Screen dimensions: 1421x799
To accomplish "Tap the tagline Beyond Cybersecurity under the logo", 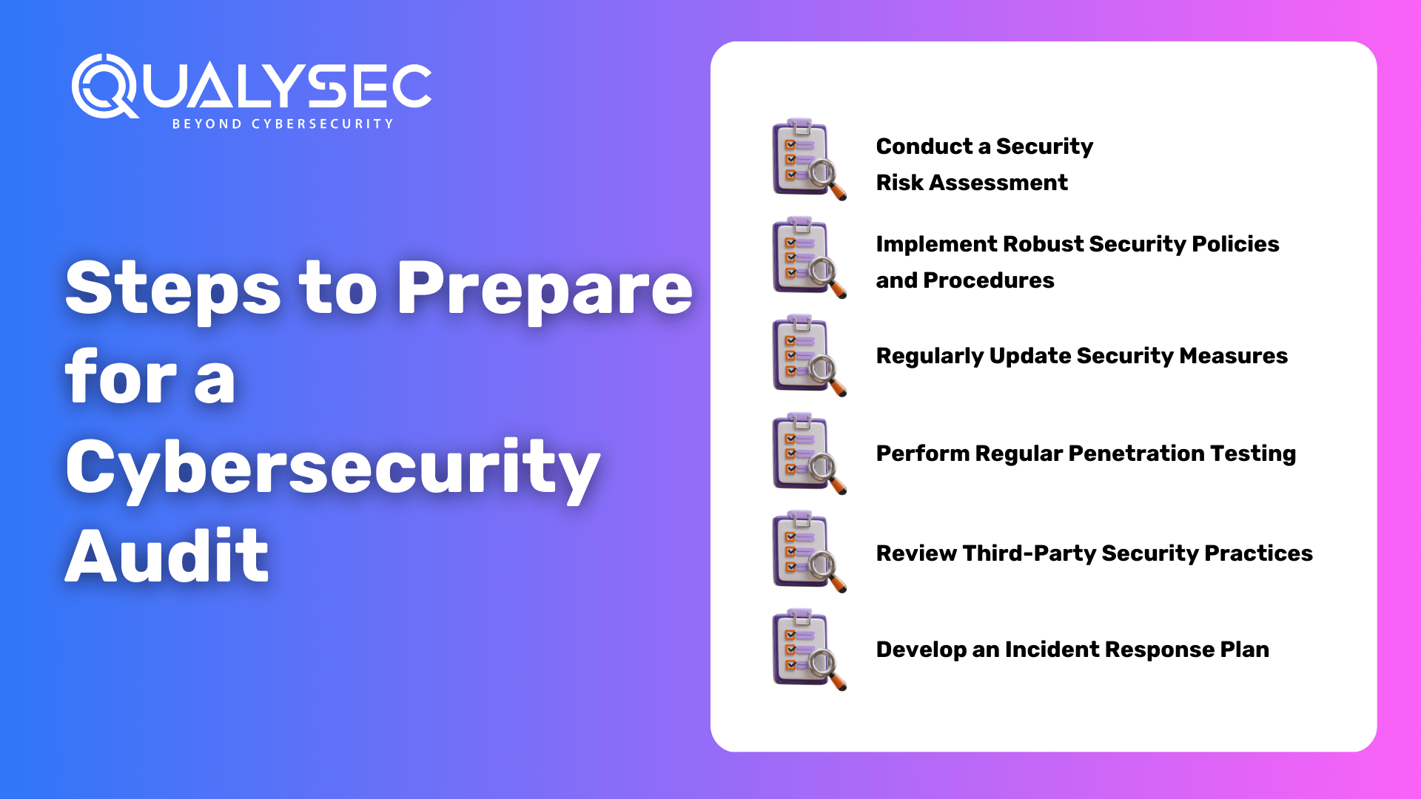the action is [x=283, y=124].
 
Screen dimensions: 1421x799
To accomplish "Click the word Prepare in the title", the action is [x=545, y=290].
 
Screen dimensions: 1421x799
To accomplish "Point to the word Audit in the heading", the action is [x=167, y=556].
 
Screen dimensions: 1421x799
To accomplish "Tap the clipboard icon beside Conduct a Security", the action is [x=809, y=159].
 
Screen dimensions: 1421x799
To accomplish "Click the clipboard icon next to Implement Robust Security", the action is [x=809, y=257].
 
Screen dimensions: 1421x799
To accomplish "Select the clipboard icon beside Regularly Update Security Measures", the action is [x=809, y=355].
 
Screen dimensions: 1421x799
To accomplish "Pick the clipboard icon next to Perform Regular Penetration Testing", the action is [x=809, y=454].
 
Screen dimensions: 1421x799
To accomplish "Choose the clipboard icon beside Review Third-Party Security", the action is [x=809, y=551].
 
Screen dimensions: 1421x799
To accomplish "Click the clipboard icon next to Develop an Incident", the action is [x=809, y=650].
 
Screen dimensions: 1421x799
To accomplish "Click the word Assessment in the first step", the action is [x=998, y=183].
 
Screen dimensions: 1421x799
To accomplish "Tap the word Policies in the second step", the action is [x=1235, y=244].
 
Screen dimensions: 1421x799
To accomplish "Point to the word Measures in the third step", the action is [x=1234, y=356].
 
